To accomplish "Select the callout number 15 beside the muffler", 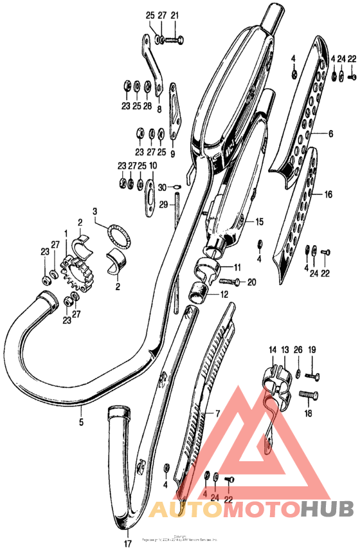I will pos(259,222).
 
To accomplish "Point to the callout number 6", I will pos(330,134).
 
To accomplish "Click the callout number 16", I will pos(328,194).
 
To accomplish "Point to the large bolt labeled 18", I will pos(309,395).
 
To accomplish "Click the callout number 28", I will pos(148,105).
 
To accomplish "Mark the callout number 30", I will pos(163,187).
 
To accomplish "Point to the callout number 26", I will pos(297,349).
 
